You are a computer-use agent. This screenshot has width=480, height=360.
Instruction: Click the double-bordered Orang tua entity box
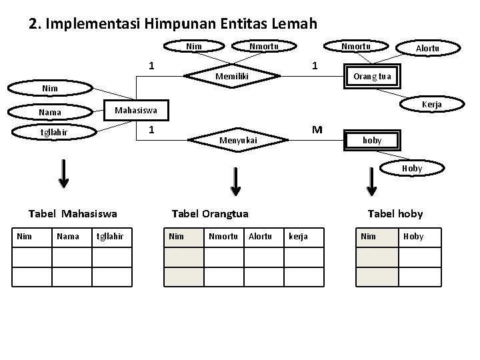coord(372,76)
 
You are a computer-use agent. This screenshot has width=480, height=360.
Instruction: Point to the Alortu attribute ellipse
coord(427,47)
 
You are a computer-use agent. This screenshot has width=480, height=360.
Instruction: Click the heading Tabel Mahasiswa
coord(73,213)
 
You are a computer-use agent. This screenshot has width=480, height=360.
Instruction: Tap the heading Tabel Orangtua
coord(210,213)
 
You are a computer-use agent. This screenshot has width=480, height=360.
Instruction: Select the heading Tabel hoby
coord(395,213)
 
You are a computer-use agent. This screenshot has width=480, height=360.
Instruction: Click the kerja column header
coord(298,236)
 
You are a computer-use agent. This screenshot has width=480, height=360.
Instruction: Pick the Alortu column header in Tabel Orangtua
coord(259,236)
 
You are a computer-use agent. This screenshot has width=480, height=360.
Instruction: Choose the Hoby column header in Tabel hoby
coord(413,236)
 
